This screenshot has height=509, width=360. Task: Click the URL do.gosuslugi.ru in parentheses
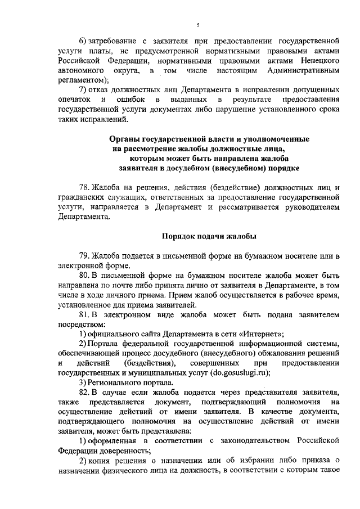tap(238, 372)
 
